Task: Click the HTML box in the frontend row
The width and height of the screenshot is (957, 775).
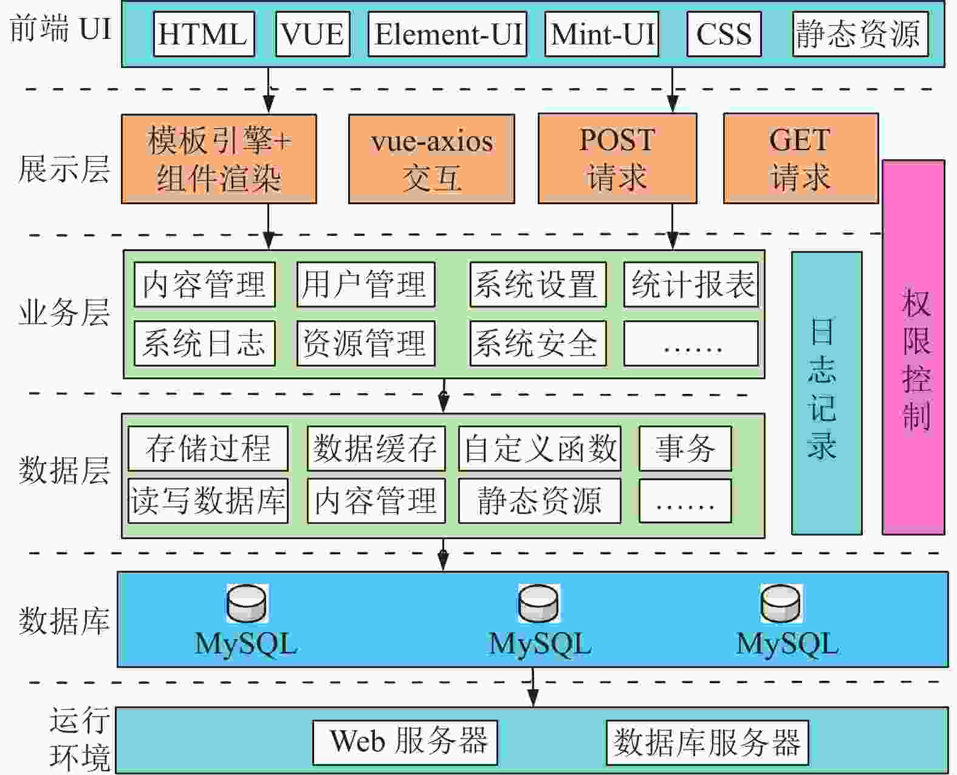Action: pos(204,34)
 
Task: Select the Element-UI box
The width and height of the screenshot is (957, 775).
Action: pos(447,34)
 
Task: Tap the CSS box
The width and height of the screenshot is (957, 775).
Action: pos(724,34)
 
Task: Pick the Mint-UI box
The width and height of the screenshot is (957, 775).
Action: pos(602,34)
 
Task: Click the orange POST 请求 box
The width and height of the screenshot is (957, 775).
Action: pos(617,159)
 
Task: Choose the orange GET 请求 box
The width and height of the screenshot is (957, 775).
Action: pos(800,159)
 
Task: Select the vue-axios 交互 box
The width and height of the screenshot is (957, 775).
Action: pos(431,159)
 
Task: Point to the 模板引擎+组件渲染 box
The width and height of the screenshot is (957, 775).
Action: pos(219,159)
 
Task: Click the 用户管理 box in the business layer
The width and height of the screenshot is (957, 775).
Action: pos(366,284)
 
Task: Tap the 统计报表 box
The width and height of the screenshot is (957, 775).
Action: pos(691,284)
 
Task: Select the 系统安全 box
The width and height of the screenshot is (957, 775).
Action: pos(538,343)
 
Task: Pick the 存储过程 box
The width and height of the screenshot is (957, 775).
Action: pos(208,449)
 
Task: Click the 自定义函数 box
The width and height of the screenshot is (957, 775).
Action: pos(540,449)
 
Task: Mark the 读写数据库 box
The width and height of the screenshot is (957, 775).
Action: pos(208,501)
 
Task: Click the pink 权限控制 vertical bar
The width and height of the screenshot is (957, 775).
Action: pos(913,348)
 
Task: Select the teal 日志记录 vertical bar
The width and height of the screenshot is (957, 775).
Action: pos(826,393)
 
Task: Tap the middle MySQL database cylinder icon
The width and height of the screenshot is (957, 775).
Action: pos(538,604)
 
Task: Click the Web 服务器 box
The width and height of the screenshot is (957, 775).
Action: pos(405,742)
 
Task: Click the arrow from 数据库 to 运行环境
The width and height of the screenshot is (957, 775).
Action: pos(533,687)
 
